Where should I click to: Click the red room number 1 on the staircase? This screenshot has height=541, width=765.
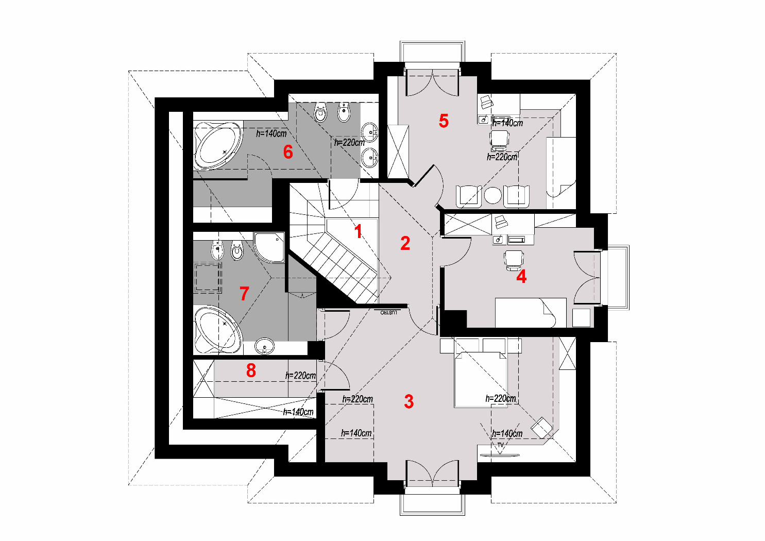coord(359,231)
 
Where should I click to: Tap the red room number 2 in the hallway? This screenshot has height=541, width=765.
coord(405,243)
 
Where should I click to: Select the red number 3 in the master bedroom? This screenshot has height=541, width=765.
coord(409,401)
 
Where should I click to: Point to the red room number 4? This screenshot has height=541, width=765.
coord(521,277)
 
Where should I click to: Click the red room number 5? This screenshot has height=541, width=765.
coord(444,121)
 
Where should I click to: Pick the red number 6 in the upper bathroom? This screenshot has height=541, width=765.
coord(288,151)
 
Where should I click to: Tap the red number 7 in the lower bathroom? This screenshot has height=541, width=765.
coord(244,294)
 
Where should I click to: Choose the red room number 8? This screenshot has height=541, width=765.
coord(251,370)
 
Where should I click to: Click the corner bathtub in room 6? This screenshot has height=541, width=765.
coord(217,146)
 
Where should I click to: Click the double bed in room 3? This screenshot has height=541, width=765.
coord(480,379)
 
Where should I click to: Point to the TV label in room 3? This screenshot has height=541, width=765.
coord(500,445)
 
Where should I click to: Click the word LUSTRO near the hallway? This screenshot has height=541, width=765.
coord(388,312)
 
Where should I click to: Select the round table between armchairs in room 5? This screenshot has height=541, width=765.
coord(492,195)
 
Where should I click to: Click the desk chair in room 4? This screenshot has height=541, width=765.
coord(514,259)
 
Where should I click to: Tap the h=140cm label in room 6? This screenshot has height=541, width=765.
coord(271,133)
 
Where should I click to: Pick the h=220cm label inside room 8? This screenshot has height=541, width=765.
coord(300,376)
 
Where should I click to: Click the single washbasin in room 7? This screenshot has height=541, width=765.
coord(265,346)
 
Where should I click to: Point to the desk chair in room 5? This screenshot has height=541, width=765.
coord(499,140)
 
